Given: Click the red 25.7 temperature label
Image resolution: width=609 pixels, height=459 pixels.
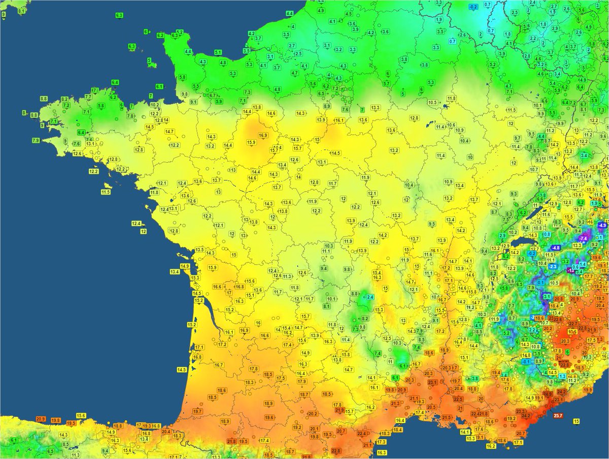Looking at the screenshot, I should click(558, 416).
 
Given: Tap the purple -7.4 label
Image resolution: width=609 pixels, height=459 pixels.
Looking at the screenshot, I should click(583, 238).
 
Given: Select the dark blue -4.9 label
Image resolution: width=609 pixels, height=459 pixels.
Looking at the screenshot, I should click(602, 225).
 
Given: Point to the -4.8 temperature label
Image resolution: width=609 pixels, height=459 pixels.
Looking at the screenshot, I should click(555, 248).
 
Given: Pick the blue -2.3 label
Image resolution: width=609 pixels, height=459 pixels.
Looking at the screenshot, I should click(553, 266).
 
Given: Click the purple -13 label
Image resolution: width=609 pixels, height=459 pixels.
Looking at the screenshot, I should click(570, 271).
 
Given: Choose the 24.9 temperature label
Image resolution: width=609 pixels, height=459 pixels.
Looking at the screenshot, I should click(548, 394).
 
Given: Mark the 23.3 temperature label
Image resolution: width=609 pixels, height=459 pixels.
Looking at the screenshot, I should click(521, 411).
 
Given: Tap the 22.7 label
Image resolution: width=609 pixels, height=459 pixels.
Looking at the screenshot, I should click(573, 324).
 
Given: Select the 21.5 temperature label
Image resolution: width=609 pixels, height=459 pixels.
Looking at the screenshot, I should click(446, 417).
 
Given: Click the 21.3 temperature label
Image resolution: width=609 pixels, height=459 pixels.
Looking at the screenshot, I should click(396, 404).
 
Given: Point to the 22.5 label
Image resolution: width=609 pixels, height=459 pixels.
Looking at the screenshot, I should click(458, 399).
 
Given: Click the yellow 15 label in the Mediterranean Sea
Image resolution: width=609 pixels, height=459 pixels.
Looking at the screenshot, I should click(576, 421).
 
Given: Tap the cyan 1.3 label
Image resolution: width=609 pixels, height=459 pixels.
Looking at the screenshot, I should click(562, 376).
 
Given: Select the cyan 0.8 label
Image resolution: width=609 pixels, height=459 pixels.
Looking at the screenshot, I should click(547, 234).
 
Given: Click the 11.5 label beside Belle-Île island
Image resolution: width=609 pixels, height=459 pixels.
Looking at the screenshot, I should click(106, 192).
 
